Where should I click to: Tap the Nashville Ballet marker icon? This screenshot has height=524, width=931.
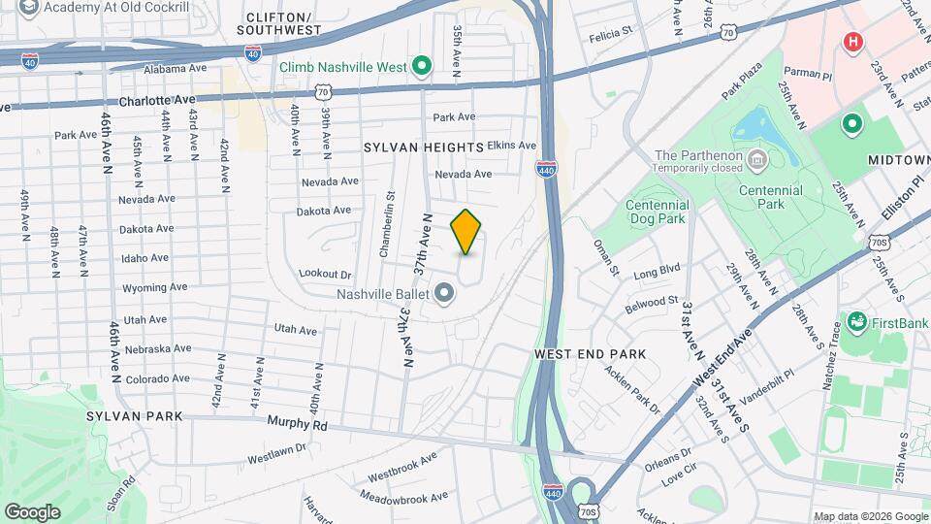pos(445,292)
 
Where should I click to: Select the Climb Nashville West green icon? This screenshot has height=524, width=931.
pos(422,66)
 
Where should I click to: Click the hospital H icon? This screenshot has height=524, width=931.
pos(852,42)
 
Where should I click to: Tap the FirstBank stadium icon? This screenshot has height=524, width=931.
pos(856,320)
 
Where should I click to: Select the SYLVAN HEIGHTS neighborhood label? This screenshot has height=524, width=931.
pos(424,147)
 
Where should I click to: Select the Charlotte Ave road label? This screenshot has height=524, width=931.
pos(156,100)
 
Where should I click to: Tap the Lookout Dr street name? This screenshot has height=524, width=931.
pos(325,276)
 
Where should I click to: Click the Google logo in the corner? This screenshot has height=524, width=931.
pos(32,511)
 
